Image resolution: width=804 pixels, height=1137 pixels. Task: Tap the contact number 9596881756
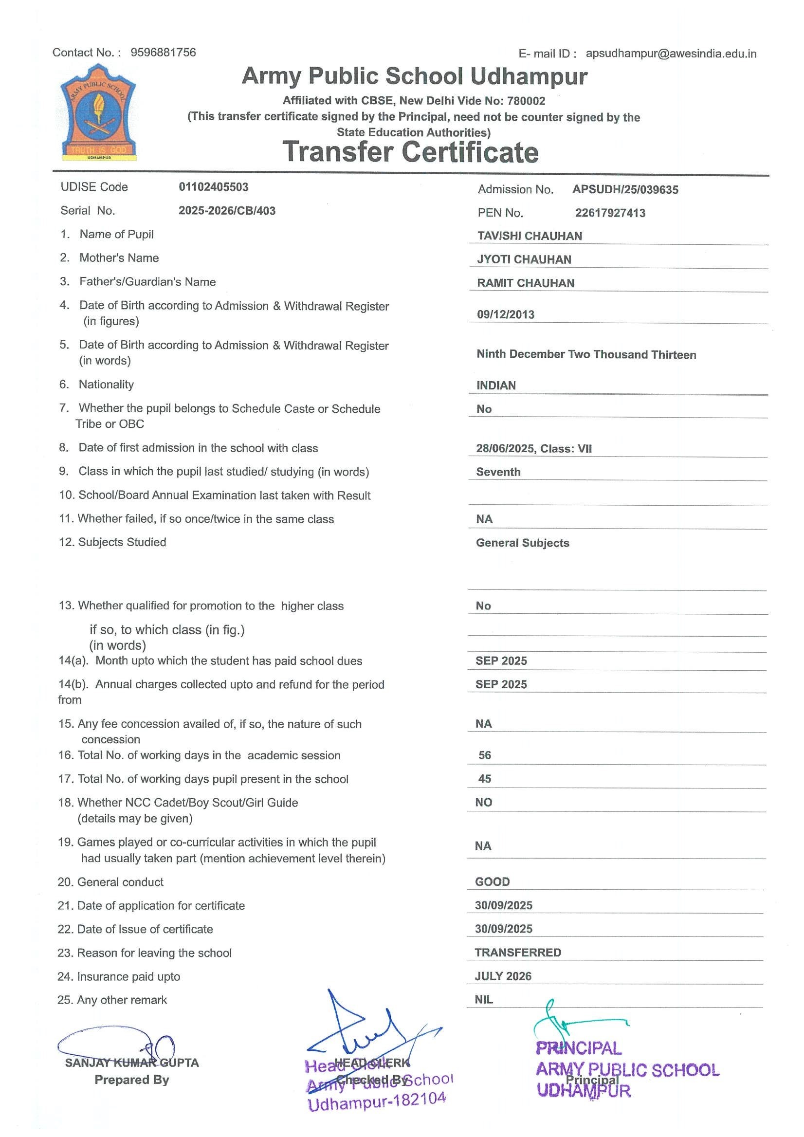click(163, 53)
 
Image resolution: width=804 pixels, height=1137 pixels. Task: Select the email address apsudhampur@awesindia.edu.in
click(671, 54)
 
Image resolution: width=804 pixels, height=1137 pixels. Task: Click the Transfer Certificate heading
click(410, 152)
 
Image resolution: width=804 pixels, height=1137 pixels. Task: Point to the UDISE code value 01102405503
click(213, 187)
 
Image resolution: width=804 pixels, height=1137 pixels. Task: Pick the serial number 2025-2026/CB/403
click(227, 211)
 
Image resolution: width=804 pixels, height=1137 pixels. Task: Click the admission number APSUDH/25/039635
click(625, 190)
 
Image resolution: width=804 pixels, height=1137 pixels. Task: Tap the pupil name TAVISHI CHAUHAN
click(529, 236)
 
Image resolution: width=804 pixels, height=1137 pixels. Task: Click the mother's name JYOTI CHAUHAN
click(524, 260)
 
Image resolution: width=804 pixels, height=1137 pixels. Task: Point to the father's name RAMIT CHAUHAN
click(525, 283)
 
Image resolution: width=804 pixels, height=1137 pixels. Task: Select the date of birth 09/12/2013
click(506, 315)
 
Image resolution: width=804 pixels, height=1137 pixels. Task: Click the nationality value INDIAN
click(495, 386)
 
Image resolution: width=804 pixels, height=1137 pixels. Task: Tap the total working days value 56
click(484, 756)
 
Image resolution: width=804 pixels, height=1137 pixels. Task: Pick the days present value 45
click(484, 779)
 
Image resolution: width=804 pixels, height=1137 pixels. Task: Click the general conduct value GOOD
click(492, 882)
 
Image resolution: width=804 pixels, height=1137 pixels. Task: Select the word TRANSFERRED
click(518, 953)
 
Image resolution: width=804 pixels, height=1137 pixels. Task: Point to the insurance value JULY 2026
click(503, 976)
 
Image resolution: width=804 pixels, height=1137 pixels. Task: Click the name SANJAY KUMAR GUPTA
click(132, 1063)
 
